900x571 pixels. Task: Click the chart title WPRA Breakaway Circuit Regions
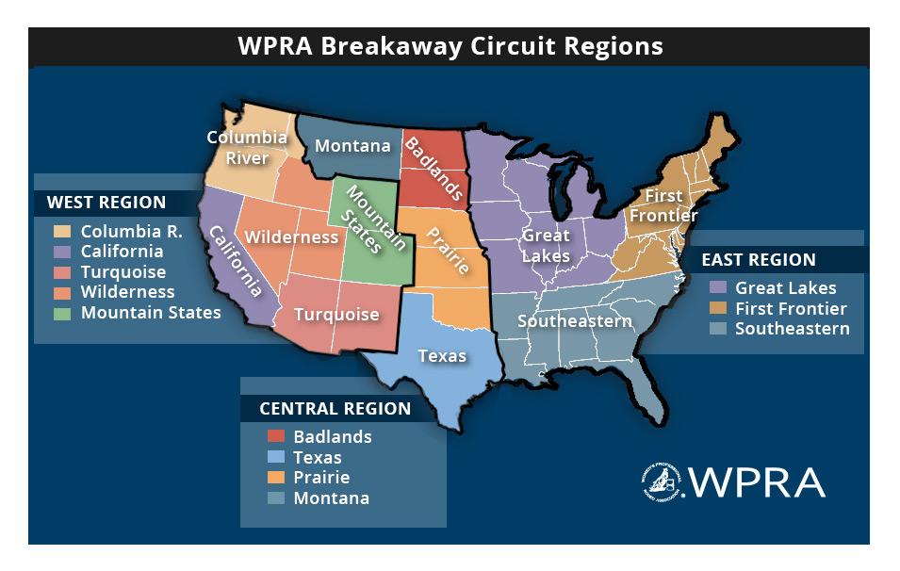point(450,46)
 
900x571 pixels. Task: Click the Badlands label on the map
point(434,169)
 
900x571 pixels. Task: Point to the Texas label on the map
point(442,355)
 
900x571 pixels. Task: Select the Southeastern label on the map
point(575,321)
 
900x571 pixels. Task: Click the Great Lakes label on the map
point(547,245)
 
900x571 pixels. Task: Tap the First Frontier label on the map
point(663,205)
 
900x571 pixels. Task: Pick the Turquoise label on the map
point(336,315)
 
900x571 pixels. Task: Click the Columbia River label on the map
point(247,148)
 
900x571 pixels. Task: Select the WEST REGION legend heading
point(106,203)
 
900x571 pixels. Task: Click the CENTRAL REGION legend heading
point(335,409)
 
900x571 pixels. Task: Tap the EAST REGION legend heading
point(759,260)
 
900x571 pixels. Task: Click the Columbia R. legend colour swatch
point(62,231)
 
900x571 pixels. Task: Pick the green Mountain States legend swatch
point(62,313)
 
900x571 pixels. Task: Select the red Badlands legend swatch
point(276,436)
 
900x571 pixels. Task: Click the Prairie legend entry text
point(321,478)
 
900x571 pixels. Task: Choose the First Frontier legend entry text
point(791,308)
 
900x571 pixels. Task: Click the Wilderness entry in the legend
point(127,292)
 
